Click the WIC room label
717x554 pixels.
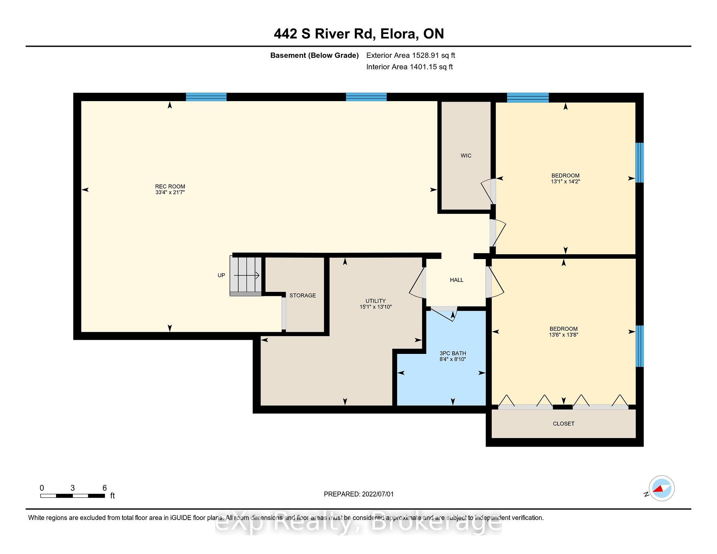[466, 156]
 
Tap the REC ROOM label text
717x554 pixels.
[170, 187]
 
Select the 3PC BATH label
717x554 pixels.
[453, 353]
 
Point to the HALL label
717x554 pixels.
[457, 280]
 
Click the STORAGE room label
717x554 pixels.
[302, 295]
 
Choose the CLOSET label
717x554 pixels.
[564, 424]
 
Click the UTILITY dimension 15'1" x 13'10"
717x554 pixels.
[376, 307]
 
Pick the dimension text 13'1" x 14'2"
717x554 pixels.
[565, 181]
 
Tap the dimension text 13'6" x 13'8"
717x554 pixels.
[564, 335]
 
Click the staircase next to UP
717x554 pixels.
[245, 276]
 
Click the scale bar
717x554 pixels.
[72, 496]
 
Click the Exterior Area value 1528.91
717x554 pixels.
[426, 56]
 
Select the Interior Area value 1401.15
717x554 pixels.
[423, 67]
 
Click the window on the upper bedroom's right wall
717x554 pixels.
[640, 163]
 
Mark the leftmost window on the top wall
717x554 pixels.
[206, 97]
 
